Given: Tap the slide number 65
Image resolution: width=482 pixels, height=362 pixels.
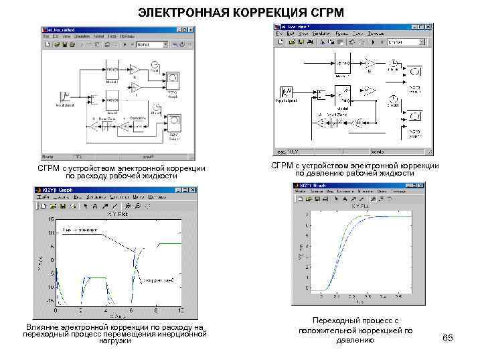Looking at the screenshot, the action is pyautogui.click(x=448, y=338).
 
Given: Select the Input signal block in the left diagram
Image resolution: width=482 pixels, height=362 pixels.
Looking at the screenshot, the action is pyautogui.click(x=66, y=97).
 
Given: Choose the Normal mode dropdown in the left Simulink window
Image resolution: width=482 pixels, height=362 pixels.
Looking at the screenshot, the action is pyautogui.click(x=151, y=45).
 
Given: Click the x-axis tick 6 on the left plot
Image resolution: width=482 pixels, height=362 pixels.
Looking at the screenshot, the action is pyautogui.click(x=131, y=312).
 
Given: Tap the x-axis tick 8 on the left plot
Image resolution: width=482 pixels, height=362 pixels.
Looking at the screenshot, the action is pyautogui.click(x=156, y=312).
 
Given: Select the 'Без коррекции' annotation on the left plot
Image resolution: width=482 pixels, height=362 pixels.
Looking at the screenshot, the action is pyautogui.click(x=80, y=230).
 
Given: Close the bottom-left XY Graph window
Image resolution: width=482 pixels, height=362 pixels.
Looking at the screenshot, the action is pyautogui.click(x=193, y=190).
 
